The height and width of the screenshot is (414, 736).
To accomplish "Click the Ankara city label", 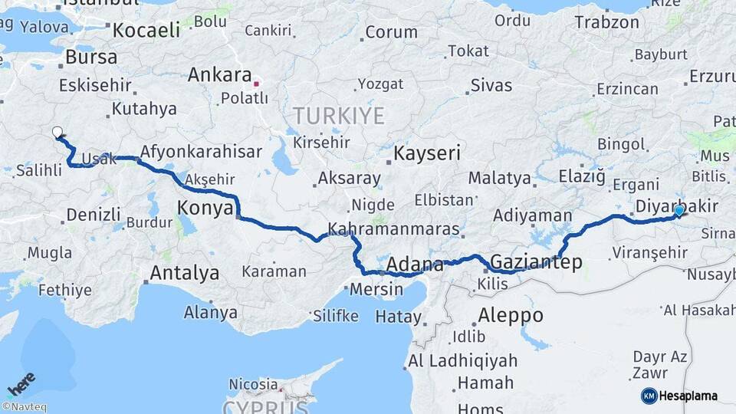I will (219, 76).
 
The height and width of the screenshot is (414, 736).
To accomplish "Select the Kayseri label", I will (427, 153).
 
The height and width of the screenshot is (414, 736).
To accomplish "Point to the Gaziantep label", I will (536, 262).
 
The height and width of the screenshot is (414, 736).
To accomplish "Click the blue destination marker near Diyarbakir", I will (679, 210).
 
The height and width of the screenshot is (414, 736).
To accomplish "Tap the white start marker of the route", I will (58, 132).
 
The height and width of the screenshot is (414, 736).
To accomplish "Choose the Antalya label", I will (184, 273).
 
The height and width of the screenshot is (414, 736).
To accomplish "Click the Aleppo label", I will (510, 315).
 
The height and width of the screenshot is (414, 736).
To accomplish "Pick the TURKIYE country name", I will (338, 116).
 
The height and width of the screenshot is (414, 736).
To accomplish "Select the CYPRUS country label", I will (265, 406).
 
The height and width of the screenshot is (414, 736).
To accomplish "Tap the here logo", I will (21, 383).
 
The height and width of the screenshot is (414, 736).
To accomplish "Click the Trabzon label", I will (606, 22).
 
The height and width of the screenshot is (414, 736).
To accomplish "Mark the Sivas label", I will (491, 85).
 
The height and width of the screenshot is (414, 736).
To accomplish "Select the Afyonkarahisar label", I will (202, 151).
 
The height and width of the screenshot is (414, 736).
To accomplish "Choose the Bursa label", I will (91, 57).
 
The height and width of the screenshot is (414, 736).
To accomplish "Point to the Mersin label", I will (376, 290).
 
